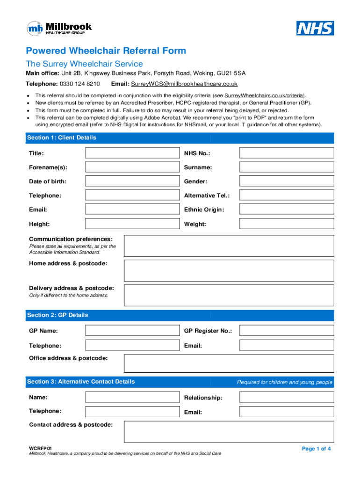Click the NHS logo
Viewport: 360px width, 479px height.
pyautogui.click(x=315, y=28)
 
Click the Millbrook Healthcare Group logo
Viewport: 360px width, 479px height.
pyautogui.click(x=59, y=29)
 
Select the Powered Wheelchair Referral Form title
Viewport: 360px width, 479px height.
pyautogui.click(x=106, y=51)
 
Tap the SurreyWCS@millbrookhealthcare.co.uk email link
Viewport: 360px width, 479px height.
pyautogui.click(x=184, y=84)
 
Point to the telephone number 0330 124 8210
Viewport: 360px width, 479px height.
pyautogui.click(x=80, y=84)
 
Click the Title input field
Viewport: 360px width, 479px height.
pyautogui.click(x=133, y=153)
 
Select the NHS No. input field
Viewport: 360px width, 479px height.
pyautogui.click(x=287, y=153)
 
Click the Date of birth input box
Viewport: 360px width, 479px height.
pyautogui.click(x=133, y=181)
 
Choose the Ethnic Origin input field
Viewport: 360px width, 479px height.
pyautogui.click(x=287, y=209)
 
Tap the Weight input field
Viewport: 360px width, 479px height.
pyautogui.click(x=287, y=224)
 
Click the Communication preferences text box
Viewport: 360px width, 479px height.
pyautogui.click(x=229, y=246)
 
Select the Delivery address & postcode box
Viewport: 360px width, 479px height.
pyautogui.click(x=229, y=295)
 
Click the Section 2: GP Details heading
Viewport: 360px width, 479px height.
pyautogui.click(x=58, y=315)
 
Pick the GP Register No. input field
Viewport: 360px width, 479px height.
pyautogui.click(x=287, y=331)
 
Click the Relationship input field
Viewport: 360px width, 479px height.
pyautogui.click(x=287, y=397)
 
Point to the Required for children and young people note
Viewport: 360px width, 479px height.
pyautogui.click(x=284, y=382)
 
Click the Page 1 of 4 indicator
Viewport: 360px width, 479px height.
pyautogui.click(x=317, y=449)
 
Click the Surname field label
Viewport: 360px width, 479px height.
pyautogui.click(x=198, y=167)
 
